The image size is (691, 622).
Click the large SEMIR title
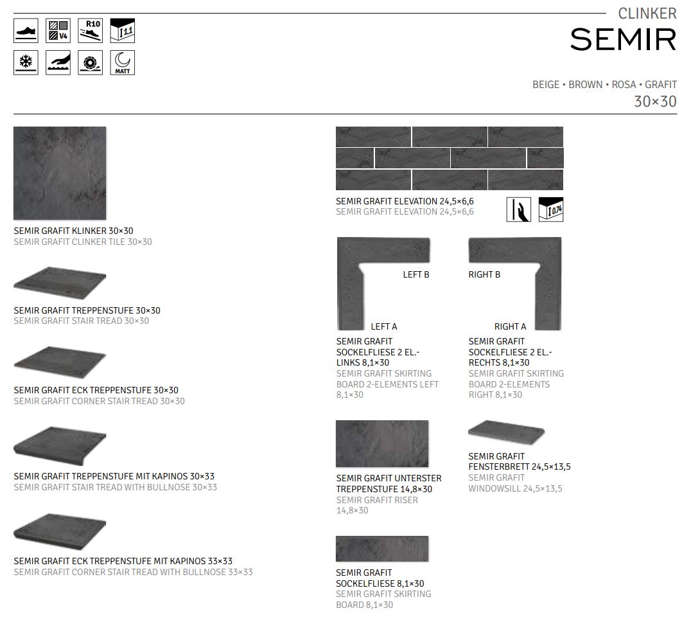pos(623,40)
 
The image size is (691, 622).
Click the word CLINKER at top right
pos(647,13)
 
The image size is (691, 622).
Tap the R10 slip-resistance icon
pos(90,31)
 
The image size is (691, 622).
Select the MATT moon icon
pos(122,63)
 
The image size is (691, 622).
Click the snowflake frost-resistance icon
pos(26,63)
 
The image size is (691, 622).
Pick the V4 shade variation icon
pos(58,31)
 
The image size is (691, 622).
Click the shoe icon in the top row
pos(26,31)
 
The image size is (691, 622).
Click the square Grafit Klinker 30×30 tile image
pos(60,173)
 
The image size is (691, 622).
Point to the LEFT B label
pos(416,274)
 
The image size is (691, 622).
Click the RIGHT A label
pos(510,326)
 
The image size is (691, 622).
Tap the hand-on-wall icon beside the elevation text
pos(518,209)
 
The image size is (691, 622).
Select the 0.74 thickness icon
pos(550,209)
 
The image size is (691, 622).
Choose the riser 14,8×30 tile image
pos(381,443)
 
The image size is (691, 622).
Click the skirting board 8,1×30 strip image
pos(381,549)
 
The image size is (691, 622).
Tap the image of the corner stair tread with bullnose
pos(60,531)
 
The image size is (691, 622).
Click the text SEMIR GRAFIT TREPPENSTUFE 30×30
pos(87,310)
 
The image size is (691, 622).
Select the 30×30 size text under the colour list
pos(655,102)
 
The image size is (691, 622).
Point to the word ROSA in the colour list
pos(624,85)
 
